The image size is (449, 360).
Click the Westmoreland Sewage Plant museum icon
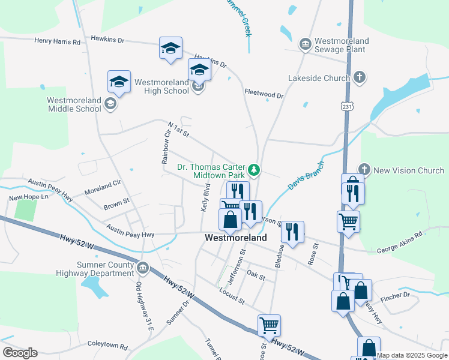coord(305,44)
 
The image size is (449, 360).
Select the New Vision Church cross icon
coord(364,170)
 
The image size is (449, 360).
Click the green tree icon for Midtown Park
coord(255,170)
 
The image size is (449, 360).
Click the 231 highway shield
coord(346,106)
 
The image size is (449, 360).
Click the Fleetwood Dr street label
coord(264,94)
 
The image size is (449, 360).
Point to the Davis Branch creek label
coord(306,176)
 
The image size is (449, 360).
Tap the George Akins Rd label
coord(402,241)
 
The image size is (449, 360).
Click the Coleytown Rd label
coord(107,347)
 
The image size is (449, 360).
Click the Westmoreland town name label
coord(236,238)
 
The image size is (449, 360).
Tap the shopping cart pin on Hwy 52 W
coord(269,325)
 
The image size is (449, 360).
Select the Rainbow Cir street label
coord(166,146)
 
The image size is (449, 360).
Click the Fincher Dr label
coord(398,295)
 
